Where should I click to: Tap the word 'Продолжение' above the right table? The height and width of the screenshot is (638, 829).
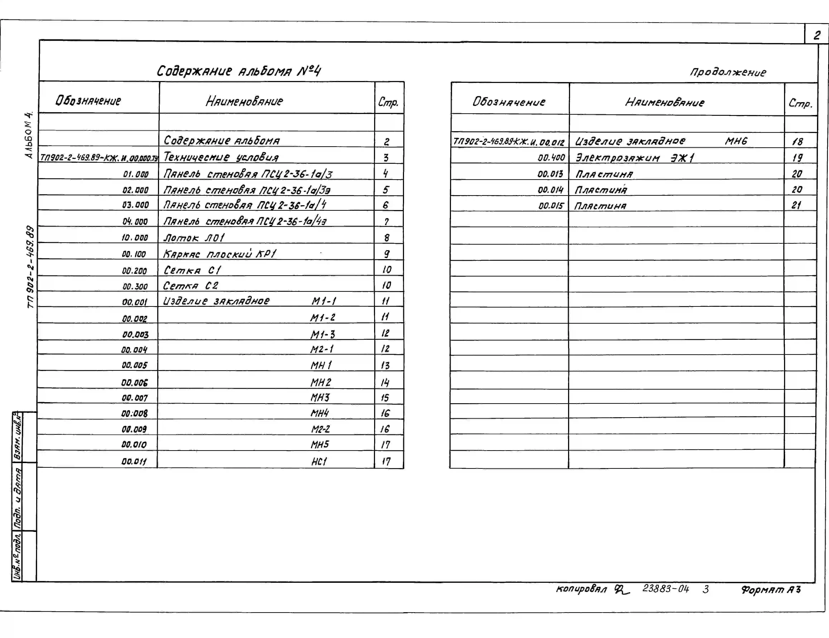(x=728, y=72)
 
